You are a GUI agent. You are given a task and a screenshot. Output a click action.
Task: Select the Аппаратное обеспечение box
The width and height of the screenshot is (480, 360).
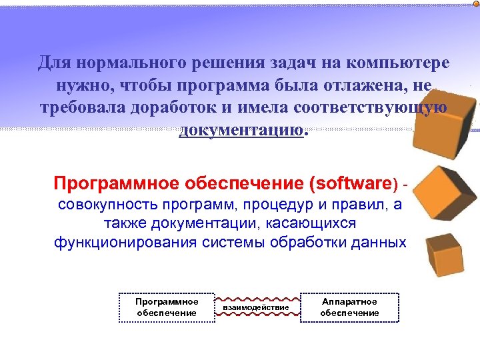pyautogui.click(x=349, y=307)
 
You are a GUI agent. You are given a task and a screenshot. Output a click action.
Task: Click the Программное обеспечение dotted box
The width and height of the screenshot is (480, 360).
pyautogui.click(x=167, y=307)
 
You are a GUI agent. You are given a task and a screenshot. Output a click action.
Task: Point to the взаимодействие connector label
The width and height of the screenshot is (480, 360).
pyautogui.click(x=256, y=307)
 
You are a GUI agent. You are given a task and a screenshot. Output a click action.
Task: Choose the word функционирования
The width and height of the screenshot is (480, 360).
pyautogui.click(x=125, y=241)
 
